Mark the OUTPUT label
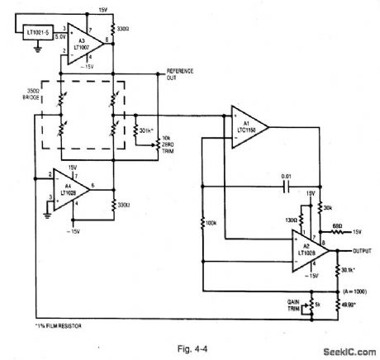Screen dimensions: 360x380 coord(360,250)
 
